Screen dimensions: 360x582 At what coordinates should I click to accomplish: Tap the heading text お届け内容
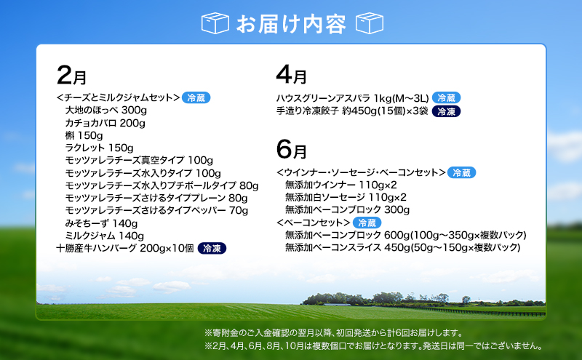pyautogui.click(x=292, y=23)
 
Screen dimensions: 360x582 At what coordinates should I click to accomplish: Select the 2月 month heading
pyautogui.click(x=71, y=76)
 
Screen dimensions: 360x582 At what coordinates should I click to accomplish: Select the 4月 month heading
pyautogui.click(x=291, y=76)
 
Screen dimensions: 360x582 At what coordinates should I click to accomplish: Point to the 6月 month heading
pyautogui.click(x=291, y=150)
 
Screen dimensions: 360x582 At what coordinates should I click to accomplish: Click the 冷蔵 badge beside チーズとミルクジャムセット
pyautogui.click(x=196, y=97)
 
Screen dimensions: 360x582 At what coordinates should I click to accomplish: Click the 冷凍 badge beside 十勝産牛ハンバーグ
pyautogui.click(x=212, y=248)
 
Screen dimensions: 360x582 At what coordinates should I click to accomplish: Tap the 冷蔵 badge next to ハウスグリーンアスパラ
pyautogui.click(x=446, y=98)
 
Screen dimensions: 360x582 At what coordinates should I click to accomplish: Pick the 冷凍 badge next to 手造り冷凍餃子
pyautogui.click(x=446, y=111)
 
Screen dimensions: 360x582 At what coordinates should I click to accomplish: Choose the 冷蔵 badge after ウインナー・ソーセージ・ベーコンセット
pyautogui.click(x=462, y=172)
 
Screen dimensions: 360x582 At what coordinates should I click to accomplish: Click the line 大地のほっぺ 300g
pyautogui.click(x=105, y=110)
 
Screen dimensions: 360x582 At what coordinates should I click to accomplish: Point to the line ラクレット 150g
pyautogui.click(x=99, y=148)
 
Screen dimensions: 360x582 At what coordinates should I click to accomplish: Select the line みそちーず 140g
pyautogui.click(x=101, y=223)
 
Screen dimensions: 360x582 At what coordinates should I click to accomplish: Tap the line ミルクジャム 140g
pyautogui.click(x=101, y=236)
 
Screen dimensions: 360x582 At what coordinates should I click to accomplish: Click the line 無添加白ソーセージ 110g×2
pyautogui.click(x=346, y=198)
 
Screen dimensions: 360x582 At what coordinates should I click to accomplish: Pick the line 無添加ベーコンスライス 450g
pyautogui.click(x=402, y=248)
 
